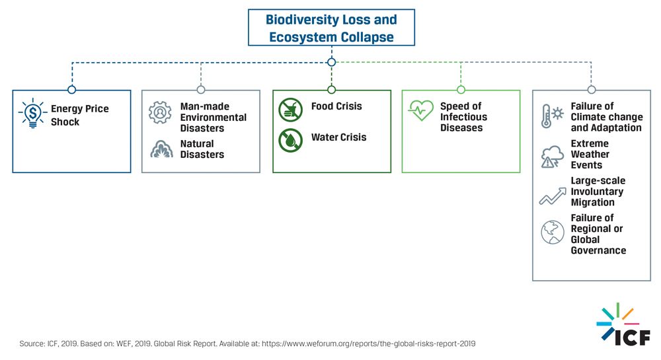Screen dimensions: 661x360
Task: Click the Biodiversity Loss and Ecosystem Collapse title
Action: (x=331, y=28)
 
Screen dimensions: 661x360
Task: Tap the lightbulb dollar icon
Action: (x=32, y=113)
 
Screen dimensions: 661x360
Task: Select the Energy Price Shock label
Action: (x=80, y=115)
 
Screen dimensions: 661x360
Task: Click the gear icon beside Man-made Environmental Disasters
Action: (x=160, y=112)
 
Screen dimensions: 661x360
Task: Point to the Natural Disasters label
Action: (x=202, y=149)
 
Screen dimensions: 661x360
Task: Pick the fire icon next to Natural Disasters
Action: (x=161, y=149)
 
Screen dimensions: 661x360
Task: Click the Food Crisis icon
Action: (x=290, y=110)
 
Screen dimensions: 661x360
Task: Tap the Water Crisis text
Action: (x=338, y=137)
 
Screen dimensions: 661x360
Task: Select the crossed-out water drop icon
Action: (x=290, y=140)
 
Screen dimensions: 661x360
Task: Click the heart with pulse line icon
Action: (x=420, y=110)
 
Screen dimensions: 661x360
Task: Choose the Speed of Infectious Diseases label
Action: (x=463, y=117)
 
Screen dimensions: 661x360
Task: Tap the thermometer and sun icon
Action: (x=552, y=116)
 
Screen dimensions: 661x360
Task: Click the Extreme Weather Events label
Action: (x=590, y=154)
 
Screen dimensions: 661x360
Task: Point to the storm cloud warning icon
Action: (x=552, y=157)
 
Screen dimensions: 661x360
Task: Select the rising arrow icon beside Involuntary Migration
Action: (x=553, y=196)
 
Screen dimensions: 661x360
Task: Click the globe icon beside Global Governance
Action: (x=553, y=232)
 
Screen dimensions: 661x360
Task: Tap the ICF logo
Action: (x=623, y=324)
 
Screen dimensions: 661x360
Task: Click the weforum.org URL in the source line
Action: (x=368, y=343)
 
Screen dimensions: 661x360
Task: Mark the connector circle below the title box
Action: (x=331, y=62)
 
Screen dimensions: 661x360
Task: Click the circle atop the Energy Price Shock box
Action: (x=71, y=90)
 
